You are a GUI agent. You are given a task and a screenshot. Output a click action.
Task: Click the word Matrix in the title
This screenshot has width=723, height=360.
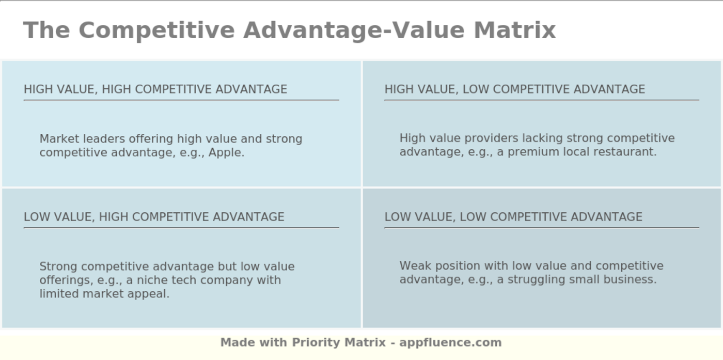coord(515,30)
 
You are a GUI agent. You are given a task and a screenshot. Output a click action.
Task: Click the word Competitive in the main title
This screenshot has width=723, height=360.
coord(156,30)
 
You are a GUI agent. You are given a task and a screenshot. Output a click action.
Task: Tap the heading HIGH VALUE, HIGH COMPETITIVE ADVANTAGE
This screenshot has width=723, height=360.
coord(155,89)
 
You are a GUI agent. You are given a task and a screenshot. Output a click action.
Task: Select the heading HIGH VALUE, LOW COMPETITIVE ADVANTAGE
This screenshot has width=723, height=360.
coord(514,89)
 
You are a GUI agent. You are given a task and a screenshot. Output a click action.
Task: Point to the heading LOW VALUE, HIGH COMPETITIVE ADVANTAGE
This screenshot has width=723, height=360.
coord(154,216)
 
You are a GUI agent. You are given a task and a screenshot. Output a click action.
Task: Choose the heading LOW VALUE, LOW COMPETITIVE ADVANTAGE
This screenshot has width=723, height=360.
coord(513,216)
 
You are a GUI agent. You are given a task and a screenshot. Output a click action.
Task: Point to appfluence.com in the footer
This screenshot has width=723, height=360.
coord(450,342)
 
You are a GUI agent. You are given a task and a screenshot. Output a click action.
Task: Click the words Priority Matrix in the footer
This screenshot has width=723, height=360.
coord(339,342)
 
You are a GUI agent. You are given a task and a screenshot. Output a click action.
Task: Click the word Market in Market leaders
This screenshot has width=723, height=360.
coord(59,139)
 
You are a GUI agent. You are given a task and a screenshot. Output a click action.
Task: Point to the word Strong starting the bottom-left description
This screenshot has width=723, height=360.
coord(58,267)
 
